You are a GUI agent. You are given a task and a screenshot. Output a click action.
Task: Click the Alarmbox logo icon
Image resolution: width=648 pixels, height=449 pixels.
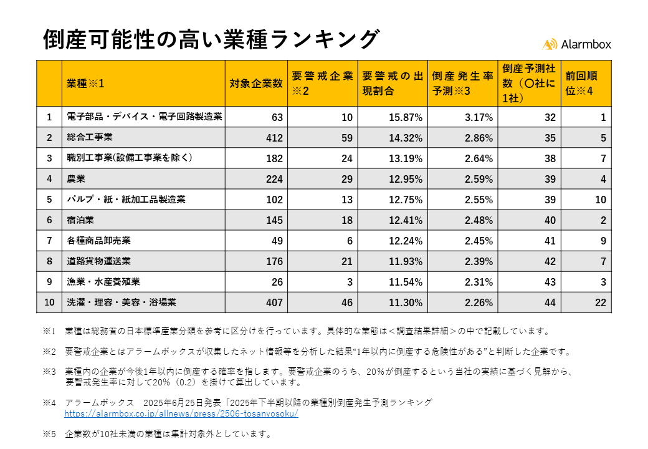point(550,44)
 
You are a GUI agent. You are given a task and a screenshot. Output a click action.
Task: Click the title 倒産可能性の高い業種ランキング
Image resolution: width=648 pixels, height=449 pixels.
point(211,39)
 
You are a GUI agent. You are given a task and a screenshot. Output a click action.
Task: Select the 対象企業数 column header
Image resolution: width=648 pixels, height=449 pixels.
point(255,83)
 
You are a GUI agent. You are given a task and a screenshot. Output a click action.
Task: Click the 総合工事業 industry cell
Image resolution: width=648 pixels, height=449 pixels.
point(90,137)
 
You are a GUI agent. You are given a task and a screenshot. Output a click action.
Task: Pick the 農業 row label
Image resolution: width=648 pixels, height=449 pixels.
point(76,179)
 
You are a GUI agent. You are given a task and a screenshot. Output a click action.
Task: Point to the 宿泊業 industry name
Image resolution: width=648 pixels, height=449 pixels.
point(80,220)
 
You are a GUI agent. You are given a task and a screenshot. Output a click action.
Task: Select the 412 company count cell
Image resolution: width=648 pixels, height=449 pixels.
point(274,137)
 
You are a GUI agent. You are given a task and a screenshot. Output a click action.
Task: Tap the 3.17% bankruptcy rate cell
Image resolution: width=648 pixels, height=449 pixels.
point(479,117)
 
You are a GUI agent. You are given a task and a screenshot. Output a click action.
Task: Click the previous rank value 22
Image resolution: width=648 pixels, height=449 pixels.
point(600,302)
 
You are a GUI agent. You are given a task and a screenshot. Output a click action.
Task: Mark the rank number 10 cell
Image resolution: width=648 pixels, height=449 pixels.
point(49,302)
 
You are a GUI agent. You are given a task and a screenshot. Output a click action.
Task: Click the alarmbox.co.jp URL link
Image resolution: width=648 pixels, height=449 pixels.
point(181,413)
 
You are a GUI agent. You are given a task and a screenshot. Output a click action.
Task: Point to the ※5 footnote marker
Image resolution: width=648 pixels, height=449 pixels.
point(49,433)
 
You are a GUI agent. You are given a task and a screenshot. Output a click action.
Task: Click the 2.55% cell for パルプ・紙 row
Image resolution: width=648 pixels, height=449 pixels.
point(479,200)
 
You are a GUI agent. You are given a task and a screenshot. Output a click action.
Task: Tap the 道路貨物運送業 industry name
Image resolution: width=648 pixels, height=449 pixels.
point(98,261)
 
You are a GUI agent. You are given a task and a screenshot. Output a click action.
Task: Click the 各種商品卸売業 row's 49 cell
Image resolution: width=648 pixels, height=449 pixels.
point(277,241)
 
